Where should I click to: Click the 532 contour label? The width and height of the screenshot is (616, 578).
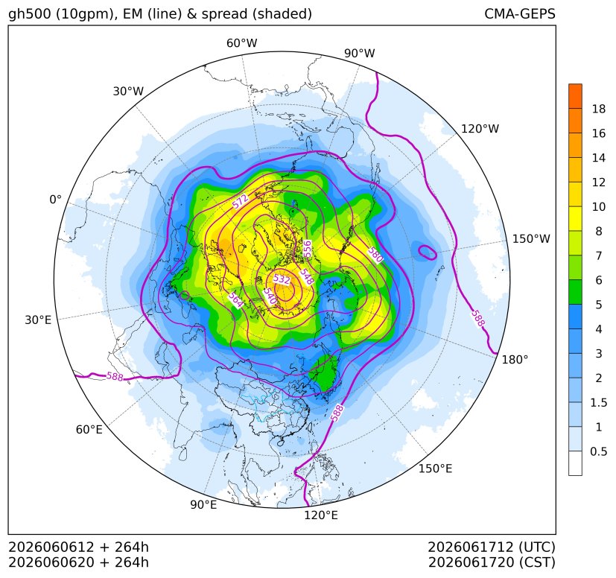click(282, 279)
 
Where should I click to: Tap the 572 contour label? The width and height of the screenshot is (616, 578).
click(241, 202)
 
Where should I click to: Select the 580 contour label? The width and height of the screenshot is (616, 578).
click(375, 255)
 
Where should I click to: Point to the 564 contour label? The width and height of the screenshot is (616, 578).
click(235, 300)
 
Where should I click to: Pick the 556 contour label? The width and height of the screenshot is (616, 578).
click(307, 249)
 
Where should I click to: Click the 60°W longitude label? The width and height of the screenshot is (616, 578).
click(241, 43)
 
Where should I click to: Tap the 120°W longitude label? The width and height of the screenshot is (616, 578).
click(480, 129)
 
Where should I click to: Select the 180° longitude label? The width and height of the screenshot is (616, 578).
click(515, 360)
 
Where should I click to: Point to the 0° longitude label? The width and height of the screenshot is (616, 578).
click(55, 200)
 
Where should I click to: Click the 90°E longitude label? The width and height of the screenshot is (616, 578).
click(203, 505)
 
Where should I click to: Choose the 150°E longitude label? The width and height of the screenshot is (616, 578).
click(435, 469)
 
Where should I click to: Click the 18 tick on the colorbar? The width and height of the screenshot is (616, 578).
click(599, 109)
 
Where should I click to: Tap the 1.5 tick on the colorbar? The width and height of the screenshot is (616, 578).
click(598, 402)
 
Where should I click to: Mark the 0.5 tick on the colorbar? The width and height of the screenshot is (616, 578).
click(598, 451)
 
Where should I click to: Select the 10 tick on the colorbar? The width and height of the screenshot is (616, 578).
click(599, 206)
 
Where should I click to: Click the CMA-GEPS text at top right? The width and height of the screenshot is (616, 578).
click(520, 13)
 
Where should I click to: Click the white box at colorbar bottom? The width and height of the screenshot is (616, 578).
click(575, 463)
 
